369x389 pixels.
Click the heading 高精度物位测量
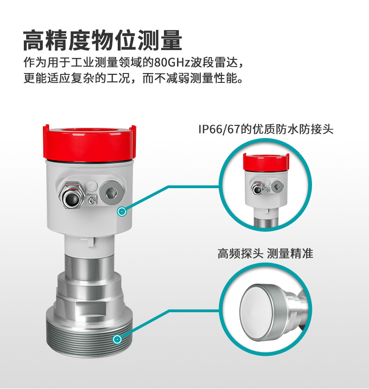103,40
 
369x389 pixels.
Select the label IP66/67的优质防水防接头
266,129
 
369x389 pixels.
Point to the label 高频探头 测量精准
265,254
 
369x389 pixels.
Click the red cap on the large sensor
90,144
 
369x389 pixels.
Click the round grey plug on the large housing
111,193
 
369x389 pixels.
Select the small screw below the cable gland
92,200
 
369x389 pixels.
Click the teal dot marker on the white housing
122,212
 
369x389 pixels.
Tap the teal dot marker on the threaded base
117,339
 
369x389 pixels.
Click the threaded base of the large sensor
89,335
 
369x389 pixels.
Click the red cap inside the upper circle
266,162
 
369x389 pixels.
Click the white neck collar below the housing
89,244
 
